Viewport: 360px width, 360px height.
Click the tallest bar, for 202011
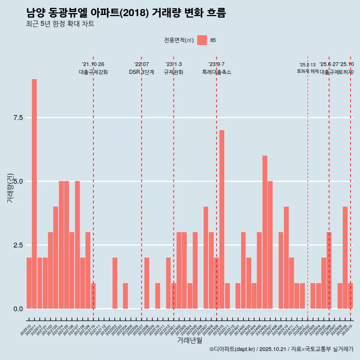34,194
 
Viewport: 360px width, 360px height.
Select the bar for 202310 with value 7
222,219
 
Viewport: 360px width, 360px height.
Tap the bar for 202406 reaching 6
265,232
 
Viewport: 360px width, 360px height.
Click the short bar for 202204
125,296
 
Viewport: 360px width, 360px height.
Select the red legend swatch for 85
202,40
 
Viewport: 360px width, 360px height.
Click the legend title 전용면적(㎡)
178,40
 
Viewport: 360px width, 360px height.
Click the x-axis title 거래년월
189,340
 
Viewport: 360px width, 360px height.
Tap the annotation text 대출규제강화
93,72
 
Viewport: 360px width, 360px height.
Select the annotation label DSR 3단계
141,72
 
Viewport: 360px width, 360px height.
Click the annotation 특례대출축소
216,72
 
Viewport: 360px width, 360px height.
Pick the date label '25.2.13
307,65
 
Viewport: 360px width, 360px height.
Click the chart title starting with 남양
126,13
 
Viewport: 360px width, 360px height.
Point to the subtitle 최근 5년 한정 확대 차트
60,24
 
